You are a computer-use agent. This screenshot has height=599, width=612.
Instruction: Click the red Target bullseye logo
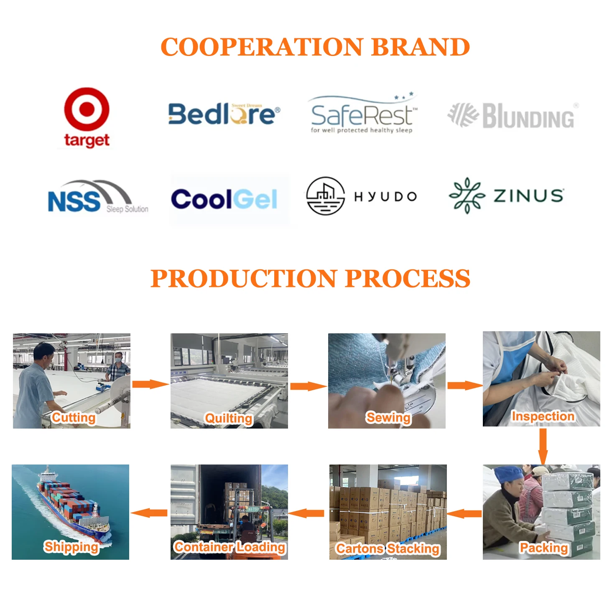[87, 109]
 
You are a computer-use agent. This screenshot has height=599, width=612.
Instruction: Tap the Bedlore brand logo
[224, 114]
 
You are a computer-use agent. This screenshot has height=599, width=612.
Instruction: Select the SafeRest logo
[362, 115]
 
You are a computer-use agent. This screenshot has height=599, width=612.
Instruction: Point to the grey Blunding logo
[511, 115]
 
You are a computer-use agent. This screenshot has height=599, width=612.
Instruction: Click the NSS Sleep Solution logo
[97, 198]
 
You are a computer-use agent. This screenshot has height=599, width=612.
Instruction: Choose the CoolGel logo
[224, 199]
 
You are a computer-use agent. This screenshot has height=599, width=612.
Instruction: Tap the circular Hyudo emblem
[325, 196]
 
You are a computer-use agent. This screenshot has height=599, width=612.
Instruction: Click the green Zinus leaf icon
[467, 195]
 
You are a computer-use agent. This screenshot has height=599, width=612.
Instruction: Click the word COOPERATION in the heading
[262, 47]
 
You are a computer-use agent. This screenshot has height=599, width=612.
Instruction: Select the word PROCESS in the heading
[408, 279]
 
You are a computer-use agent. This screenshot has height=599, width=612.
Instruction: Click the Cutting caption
[74, 417]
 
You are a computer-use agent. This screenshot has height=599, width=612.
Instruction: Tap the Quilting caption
[229, 418]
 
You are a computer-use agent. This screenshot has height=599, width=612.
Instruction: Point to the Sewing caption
[388, 417]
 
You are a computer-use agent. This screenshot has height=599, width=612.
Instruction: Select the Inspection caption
[543, 416]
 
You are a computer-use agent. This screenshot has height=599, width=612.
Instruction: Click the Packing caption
[543, 547]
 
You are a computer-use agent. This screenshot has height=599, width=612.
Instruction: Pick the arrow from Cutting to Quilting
[150, 384]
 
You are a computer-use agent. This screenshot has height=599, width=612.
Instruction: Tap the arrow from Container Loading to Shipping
[149, 513]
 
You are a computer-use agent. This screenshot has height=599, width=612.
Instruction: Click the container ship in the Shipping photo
[71, 505]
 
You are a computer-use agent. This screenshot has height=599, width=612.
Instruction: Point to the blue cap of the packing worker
[507, 475]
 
